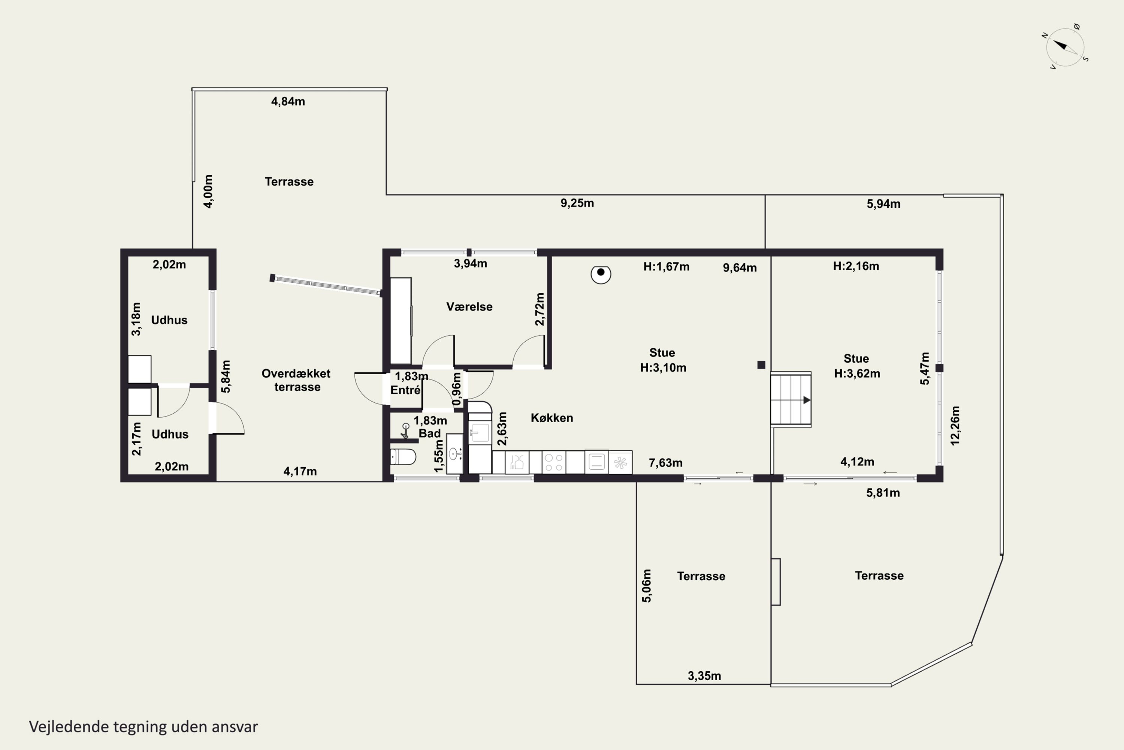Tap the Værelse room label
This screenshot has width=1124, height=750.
tap(469, 307)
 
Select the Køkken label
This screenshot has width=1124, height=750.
tap(552, 418)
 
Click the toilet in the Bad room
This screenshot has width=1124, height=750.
tap(404, 457)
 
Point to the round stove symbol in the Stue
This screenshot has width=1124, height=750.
tap(601, 274)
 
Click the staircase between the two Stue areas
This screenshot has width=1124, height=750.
tap(791, 399)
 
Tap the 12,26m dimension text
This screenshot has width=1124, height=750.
tap(955, 426)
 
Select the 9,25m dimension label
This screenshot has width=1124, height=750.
tap(577, 203)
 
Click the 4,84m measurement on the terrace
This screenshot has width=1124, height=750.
tap(288, 101)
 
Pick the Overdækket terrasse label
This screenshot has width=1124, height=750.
tap(296, 380)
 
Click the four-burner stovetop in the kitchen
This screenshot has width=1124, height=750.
tap(554, 462)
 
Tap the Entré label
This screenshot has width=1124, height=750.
tap(405, 390)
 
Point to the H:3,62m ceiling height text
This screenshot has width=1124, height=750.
tap(857, 373)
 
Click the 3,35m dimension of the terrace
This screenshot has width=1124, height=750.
tap(704, 676)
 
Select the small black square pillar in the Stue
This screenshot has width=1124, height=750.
tap(761, 365)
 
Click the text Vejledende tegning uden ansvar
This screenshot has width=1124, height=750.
tap(143, 727)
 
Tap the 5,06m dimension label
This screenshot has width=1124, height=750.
tap(646, 586)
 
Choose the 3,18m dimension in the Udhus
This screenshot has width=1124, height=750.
tap(136, 319)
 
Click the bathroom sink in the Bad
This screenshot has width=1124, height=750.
tap(454, 453)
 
